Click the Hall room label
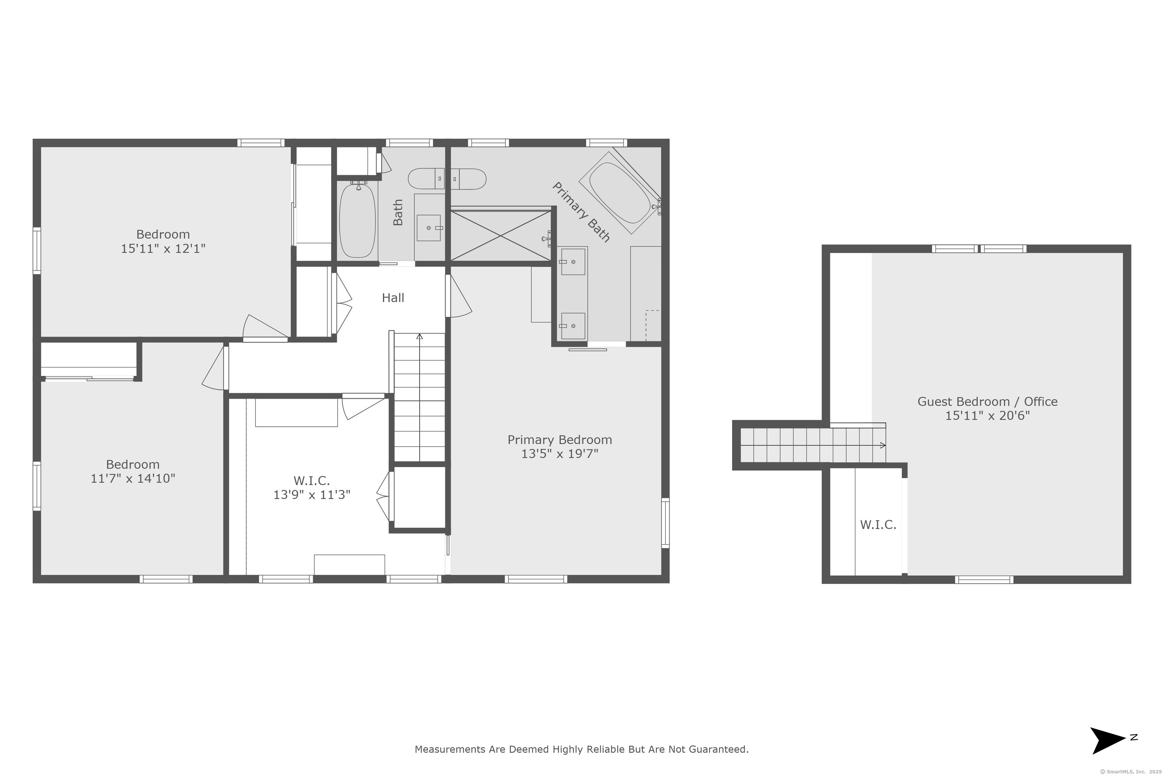(x=393, y=298)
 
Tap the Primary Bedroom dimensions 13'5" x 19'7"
(x=560, y=454)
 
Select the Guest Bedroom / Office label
(x=987, y=401)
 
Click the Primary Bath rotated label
(x=580, y=212)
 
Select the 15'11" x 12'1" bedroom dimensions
(x=163, y=249)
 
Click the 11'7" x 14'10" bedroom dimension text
(x=133, y=479)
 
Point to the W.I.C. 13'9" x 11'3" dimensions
(x=312, y=494)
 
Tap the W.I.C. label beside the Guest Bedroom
(x=878, y=525)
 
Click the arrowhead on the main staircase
(x=420, y=336)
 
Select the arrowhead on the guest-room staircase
(x=883, y=446)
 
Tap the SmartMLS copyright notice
(x=1130, y=771)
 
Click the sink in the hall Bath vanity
(x=429, y=228)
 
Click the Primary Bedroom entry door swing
(x=459, y=296)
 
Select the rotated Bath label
(x=398, y=212)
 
